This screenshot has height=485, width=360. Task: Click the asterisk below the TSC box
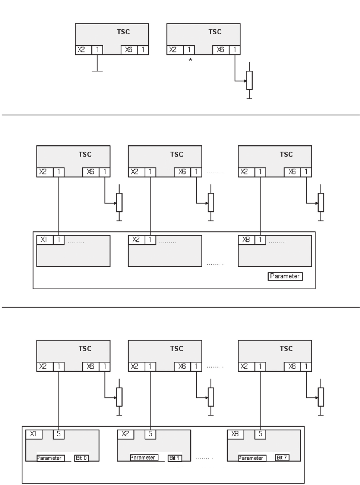pos(190,60)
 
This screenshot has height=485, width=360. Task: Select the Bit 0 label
pos(81,458)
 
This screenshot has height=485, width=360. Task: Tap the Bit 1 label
pos(174,458)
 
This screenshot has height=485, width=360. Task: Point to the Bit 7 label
pos(282,457)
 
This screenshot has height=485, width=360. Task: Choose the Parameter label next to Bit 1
pos(143,457)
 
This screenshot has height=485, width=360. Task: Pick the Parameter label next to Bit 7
pos(251,458)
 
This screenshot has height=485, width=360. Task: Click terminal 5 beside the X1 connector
pos(59,434)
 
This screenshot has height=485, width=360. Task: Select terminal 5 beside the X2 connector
pos(150,434)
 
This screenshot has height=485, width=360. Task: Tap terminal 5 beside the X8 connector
pos(260,434)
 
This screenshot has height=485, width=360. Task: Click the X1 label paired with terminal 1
pos(44,240)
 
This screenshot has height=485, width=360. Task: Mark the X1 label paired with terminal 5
pos(33,434)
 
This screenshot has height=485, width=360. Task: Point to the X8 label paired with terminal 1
pos(246,240)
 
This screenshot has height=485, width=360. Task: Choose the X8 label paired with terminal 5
pos(235,434)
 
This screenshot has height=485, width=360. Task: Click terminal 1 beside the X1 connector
pos(59,240)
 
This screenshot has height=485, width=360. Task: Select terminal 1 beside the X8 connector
pos(260,240)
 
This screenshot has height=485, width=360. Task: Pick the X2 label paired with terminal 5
pos(125,434)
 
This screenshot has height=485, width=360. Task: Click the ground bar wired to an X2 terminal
pos(97,71)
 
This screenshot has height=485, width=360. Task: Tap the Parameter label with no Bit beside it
pos(285,276)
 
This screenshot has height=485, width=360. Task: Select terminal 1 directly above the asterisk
pos(189,50)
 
